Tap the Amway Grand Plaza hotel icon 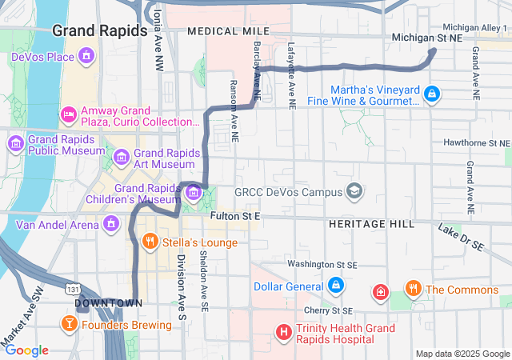pyautogui.click(x=69, y=115)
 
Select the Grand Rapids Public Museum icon pyautogui.click(x=15, y=143)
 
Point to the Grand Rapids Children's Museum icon pyautogui.click(x=194, y=193)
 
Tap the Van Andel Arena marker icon pyautogui.click(x=111, y=223)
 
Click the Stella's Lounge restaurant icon pyautogui.click(x=149, y=241)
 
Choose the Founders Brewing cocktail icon pyautogui.click(x=69, y=324)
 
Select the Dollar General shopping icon pyautogui.click(x=334, y=286)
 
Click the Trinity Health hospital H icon pyautogui.click(x=282, y=331)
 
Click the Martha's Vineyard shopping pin pyautogui.click(x=432, y=94)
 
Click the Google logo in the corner pyautogui.click(x=26, y=350)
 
